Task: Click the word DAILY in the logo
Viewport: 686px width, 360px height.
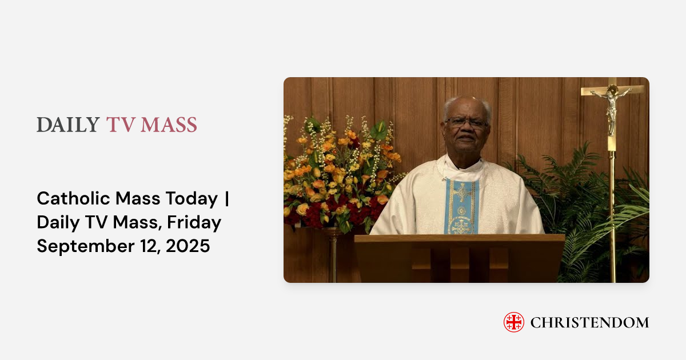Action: [68, 125]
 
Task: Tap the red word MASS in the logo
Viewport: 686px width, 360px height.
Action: [170, 125]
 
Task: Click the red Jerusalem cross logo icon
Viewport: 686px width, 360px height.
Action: [513, 322]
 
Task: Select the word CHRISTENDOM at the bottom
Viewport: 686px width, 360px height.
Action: [589, 323]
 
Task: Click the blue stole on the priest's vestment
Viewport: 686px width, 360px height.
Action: [462, 206]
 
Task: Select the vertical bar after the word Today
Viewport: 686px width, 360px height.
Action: [227, 199]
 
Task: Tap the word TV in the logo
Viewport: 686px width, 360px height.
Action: [119, 125]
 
